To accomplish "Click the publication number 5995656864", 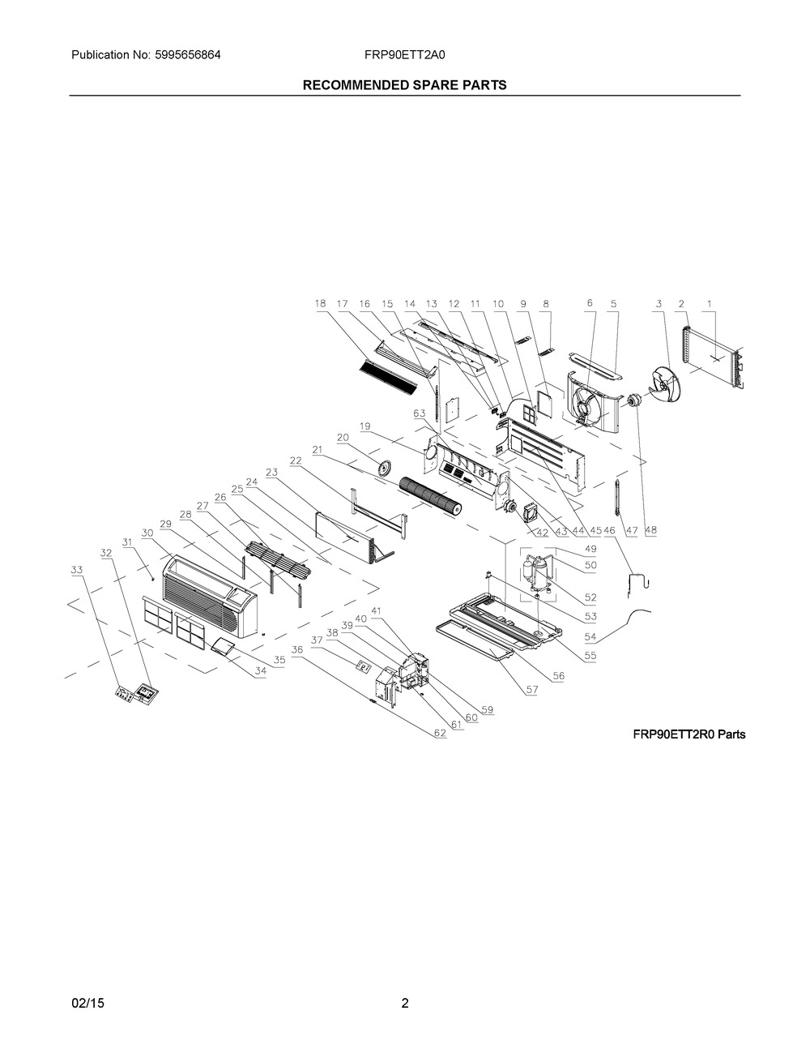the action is (188, 55).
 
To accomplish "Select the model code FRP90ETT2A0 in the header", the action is (404, 55).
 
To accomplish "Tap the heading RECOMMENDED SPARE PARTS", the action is (404, 85).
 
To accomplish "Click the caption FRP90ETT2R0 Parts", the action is (689, 734).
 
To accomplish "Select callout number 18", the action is (320, 304).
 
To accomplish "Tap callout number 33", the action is (77, 570).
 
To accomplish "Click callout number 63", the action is (420, 413).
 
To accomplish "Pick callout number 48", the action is (650, 530).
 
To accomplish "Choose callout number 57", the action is (532, 690).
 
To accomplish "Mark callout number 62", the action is (440, 733).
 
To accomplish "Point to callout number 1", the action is (710, 304).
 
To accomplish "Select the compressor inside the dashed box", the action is (537, 575).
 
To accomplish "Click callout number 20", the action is (343, 438).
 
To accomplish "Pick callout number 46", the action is (609, 530).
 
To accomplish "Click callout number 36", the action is (297, 650).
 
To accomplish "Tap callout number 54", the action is (590, 636).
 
